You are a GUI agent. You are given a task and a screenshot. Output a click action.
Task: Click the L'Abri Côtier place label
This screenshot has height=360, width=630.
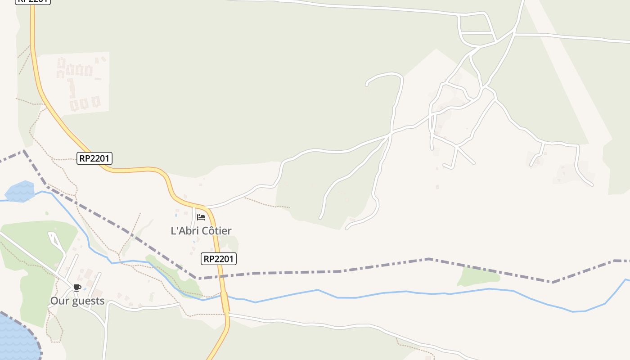(x=201, y=231)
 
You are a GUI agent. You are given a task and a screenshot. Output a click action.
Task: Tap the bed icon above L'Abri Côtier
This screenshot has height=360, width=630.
(x=201, y=217)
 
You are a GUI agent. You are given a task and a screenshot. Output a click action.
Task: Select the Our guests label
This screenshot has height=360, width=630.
(x=77, y=301)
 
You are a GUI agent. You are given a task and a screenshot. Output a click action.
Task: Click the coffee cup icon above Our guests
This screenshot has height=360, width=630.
(x=77, y=288)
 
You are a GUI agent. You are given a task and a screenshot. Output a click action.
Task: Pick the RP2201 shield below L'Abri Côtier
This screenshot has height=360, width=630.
(x=218, y=259)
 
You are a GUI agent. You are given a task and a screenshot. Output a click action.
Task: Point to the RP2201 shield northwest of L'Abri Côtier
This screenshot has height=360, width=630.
(x=94, y=158)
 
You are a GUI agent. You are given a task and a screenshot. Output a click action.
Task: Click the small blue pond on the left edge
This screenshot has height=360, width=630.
(x=20, y=191)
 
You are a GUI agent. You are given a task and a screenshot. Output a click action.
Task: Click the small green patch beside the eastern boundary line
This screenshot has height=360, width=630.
(x=478, y=277)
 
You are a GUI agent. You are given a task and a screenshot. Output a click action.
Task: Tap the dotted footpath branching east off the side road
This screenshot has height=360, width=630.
(x=265, y=204)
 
